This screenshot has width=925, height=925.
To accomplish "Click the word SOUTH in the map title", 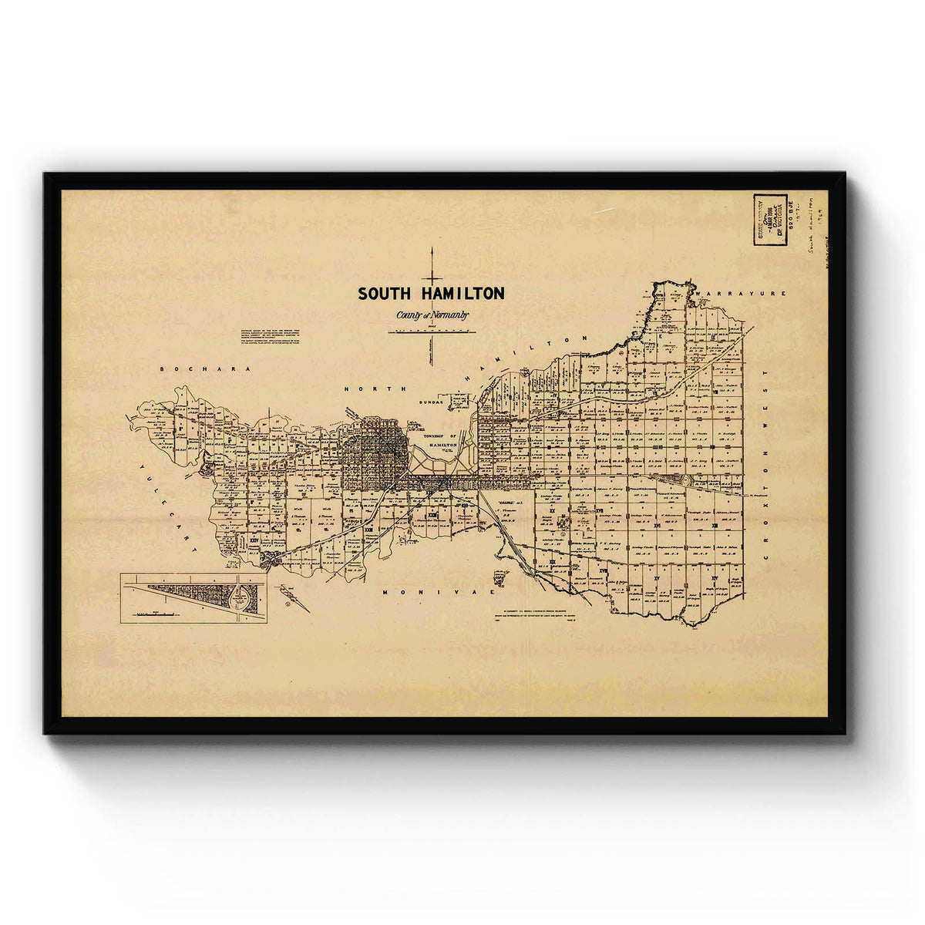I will coord(384,294).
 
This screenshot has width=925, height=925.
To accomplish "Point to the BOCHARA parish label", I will coord(206,370).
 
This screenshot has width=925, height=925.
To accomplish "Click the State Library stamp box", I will coord(769,220).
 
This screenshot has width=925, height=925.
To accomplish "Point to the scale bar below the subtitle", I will coord(432,331).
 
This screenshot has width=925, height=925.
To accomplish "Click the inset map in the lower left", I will coord(194,598).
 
